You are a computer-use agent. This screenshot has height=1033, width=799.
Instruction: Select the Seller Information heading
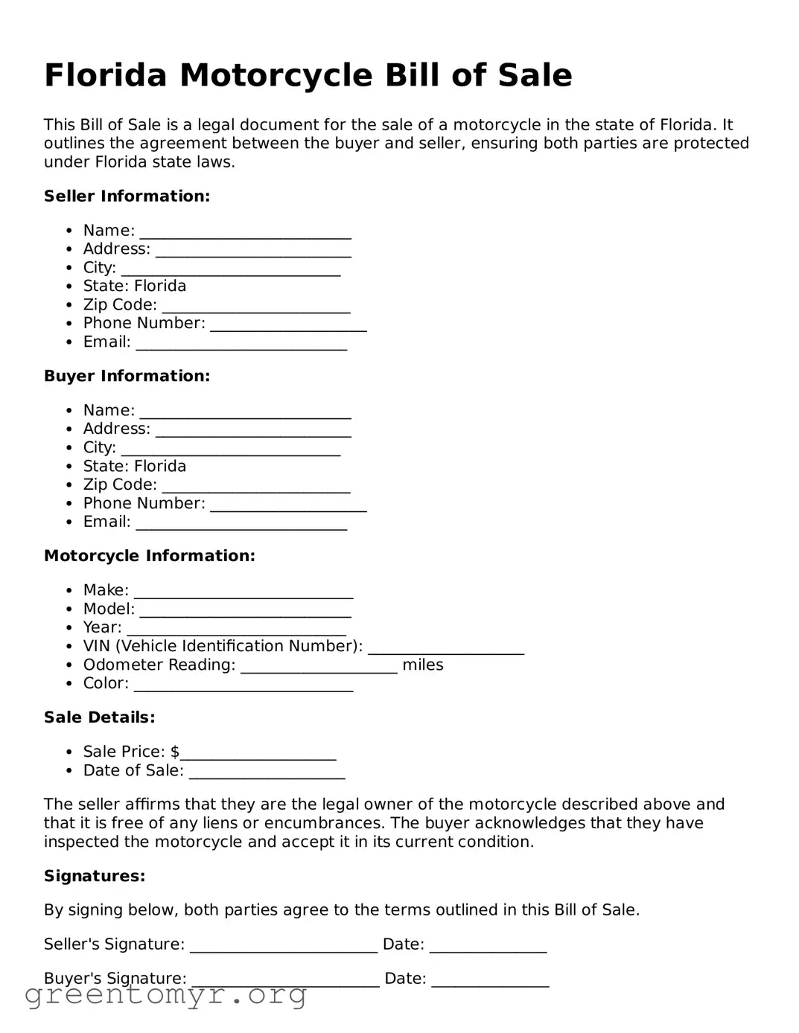pos(127,196)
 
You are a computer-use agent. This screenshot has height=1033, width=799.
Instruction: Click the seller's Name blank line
pos(245,232)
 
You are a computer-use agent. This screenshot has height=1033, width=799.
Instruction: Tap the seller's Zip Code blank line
pos(255,307)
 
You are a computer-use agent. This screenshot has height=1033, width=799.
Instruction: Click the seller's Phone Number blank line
pos(288,325)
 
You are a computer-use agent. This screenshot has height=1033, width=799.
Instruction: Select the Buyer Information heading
pos(127,377)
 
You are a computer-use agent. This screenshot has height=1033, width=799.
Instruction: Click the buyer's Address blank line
pos(253,430)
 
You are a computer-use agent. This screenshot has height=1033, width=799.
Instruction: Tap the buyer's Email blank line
pos(241,523)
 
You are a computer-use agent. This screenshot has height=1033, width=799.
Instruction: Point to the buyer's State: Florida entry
pos(135,467)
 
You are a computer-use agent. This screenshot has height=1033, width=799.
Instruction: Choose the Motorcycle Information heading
pos(149,556)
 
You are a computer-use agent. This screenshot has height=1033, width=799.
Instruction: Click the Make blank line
pos(243,592)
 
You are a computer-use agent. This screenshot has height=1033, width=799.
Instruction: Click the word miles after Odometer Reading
pos(422,665)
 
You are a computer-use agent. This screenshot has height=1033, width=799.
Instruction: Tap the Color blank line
pos(243,685)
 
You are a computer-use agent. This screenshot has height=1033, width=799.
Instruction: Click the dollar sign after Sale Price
pos(175,752)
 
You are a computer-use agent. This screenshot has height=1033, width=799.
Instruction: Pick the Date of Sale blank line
pos(267,772)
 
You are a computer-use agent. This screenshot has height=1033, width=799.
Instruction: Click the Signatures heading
pos(95,876)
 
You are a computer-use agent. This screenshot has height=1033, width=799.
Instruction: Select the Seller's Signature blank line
pos(284,946)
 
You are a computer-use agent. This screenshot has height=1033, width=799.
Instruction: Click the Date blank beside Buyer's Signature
pos(490,980)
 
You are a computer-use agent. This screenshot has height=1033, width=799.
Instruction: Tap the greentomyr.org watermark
pos(165,995)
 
